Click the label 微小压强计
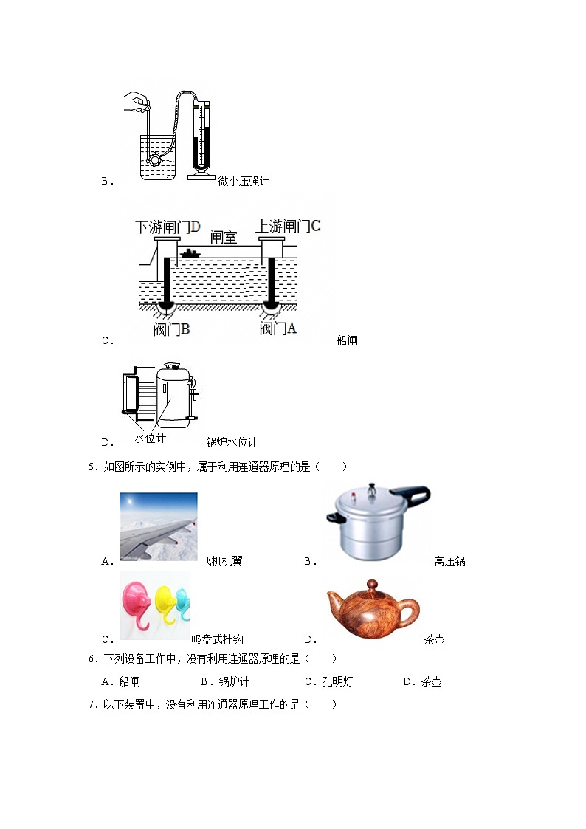244,181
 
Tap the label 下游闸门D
168,227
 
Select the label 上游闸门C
289,226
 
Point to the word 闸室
223,236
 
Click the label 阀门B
171,329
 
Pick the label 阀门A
278,329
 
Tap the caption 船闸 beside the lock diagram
347,340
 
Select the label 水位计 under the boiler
150,438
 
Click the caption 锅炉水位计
232,442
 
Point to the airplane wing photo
158,525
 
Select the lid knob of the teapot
372,584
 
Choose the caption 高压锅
449,562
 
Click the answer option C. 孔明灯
328,681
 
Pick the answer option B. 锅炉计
225,681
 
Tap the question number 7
92,704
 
